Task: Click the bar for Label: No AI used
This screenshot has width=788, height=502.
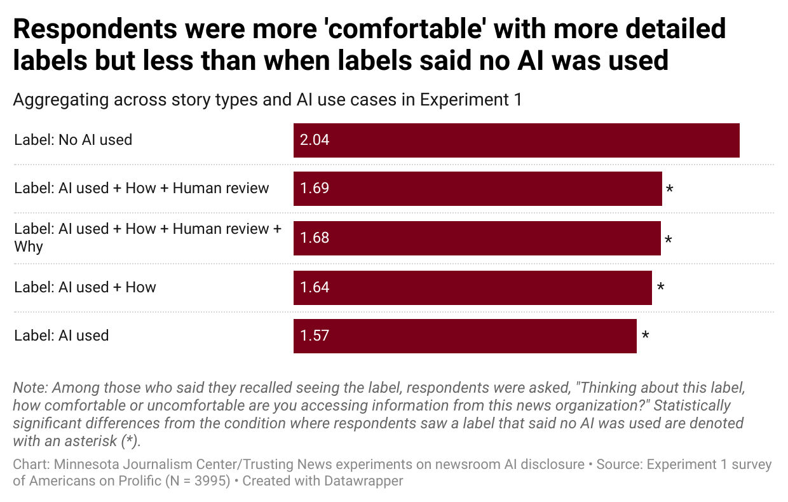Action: point(516,140)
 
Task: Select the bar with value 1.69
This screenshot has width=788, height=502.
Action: point(477,189)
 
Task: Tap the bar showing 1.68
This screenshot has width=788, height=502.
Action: point(477,238)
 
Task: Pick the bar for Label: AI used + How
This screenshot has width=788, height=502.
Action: point(472,288)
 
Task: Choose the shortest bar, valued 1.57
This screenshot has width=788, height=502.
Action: point(465,336)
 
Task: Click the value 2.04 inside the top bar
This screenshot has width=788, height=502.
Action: point(315,140)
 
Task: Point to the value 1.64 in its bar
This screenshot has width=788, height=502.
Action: point(315,288)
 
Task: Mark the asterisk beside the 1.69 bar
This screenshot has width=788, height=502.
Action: point(669,189)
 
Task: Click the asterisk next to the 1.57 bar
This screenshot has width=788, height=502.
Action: point(645,336)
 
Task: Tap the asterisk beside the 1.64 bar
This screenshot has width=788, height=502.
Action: point(660,287)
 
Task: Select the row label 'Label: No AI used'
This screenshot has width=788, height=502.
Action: point(73,140)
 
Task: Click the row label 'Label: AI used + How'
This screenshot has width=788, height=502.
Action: point(85,287)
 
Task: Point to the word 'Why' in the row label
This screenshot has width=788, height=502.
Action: point(29,247)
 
